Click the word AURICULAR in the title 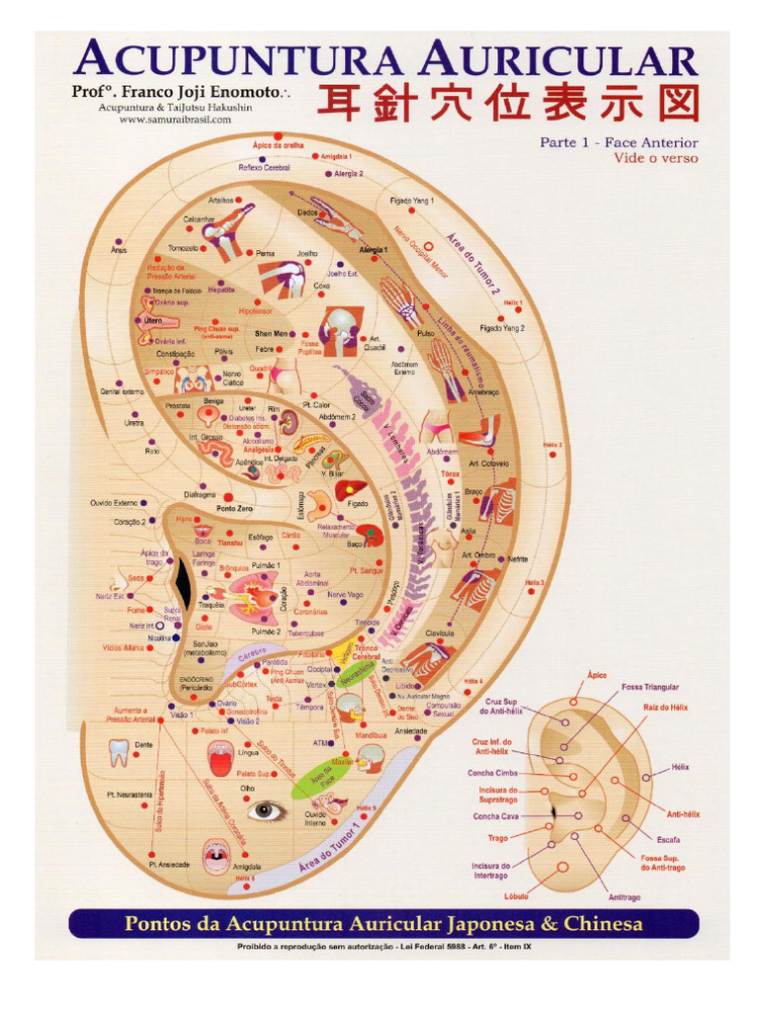click(558, 61)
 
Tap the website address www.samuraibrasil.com click(175, 121)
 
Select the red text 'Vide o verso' click(655, 158)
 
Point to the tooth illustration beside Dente click(118, 754)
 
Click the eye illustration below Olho click(266, 811)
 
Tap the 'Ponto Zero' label click(235, 508)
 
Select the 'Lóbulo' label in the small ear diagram click(515, 896)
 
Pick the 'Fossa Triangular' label click(649, 686)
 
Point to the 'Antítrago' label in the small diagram click(624, 897)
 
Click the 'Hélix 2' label click(551, 445)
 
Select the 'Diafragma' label click(201, 494)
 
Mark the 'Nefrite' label click(517, 558)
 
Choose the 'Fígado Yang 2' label click(502, 328)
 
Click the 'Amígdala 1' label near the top click(337, 157)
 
